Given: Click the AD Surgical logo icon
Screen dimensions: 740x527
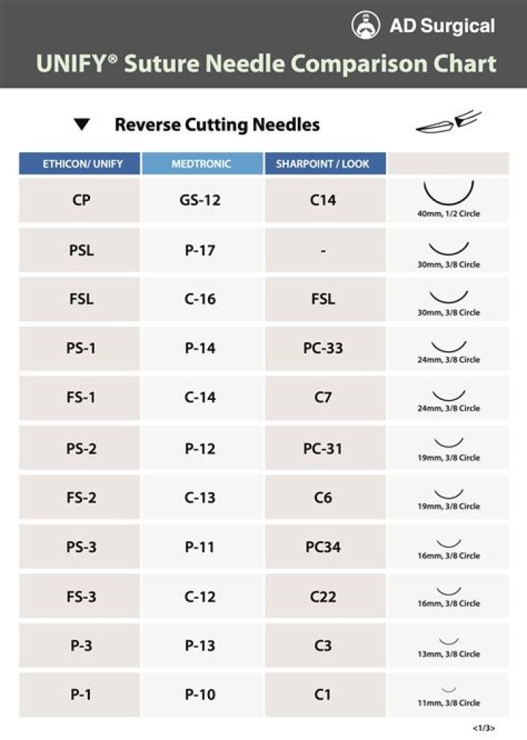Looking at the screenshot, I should point(366,26).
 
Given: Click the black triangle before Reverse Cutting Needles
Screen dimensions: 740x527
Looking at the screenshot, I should point(82,125).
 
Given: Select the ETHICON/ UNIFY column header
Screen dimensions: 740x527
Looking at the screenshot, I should point(82,164).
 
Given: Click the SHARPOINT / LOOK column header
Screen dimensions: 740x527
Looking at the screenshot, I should point(323,164).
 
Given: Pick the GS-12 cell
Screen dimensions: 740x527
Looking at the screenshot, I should point(200,200).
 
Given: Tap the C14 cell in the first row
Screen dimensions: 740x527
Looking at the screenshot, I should point(323,200).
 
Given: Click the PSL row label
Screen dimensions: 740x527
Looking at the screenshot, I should point(81,250).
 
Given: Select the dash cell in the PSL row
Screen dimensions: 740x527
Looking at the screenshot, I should point(323,250).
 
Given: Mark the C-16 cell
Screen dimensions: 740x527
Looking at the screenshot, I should point(200,299).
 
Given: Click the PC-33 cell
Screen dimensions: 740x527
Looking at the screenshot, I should point(323,349).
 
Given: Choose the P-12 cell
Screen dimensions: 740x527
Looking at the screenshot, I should point(200,448).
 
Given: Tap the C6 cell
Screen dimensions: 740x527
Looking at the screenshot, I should point(323,498).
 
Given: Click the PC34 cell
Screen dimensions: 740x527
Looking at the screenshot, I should point(323,547).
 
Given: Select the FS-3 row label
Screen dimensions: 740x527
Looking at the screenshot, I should point(81,597).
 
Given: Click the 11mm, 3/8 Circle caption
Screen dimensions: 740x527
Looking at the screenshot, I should point(449,703).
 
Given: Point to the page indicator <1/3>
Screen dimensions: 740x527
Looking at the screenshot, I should point(484,728).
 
